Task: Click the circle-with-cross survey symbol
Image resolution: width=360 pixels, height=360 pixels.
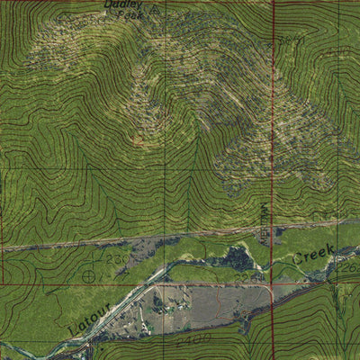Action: (88, 275)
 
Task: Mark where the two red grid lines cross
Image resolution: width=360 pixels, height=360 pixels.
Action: (273, 284)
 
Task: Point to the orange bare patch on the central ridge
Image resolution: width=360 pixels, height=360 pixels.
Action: (137, 139)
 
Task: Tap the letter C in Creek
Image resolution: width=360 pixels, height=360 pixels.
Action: (293, 263)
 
